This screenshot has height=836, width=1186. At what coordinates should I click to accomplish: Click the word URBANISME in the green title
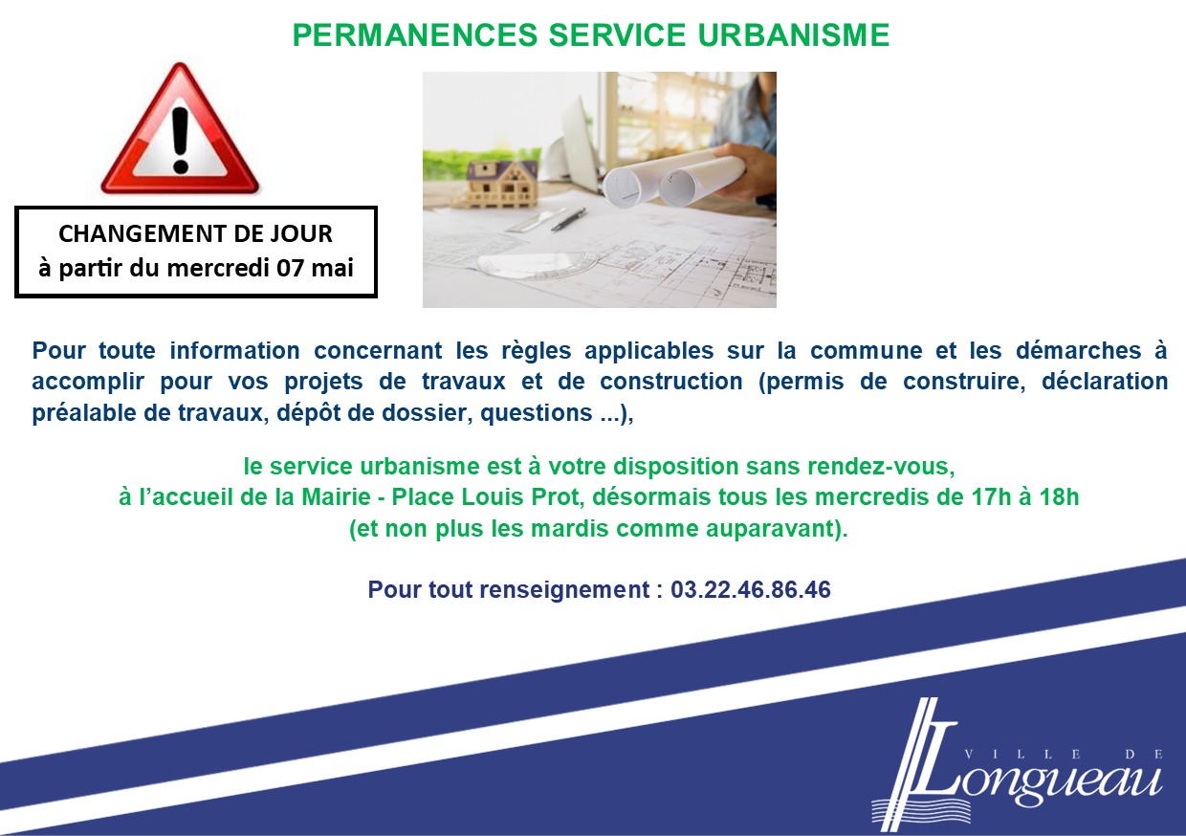pyautogui.click(x=793, y=35)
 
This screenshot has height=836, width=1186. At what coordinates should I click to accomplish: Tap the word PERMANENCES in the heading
pyautogui.click(x=415, y=35)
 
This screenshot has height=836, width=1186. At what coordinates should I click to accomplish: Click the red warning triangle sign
pyautogui.click(x=180, y=129)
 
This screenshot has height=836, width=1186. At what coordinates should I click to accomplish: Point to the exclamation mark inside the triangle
pyautogui.click(x=181, y=141)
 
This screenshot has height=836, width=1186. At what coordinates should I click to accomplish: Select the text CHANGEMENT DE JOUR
pyautogui.click(x=195, y=233)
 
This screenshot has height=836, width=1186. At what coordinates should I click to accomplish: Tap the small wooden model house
pyautogui.click(x=502, y=184)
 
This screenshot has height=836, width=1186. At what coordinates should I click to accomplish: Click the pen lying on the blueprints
pyautogui.click(x=568, y=219)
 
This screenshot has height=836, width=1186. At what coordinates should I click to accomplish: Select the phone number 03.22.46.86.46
pyautogui.click(x=751, y=590)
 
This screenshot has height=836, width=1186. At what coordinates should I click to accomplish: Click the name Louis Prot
pyautogui.click(x=522, y=497)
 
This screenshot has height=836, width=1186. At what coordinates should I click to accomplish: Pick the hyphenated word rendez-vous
pyautogui.click(x=881, y=467)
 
